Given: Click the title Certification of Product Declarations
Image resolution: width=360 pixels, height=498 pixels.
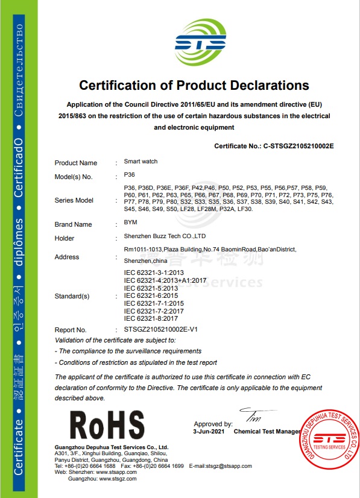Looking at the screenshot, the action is tap(194, 85).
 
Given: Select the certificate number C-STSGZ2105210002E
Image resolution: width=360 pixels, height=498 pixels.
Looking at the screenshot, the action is tap(298, 146).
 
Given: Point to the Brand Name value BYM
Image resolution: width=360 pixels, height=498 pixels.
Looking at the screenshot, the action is tap(130, 222).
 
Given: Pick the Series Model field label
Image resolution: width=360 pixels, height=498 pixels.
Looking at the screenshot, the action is tap(74, 200).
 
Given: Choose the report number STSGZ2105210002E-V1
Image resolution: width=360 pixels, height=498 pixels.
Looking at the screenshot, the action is tap(161, 330).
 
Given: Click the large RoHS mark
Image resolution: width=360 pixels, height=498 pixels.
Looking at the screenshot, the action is tap(107, 425).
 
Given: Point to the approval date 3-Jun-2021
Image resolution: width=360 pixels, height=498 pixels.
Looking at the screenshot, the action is tap(209, 432).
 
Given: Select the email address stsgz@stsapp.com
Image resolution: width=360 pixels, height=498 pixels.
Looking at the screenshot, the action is tap(229, 466).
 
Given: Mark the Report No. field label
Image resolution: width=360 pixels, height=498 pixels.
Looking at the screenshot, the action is tap(71, 330).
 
